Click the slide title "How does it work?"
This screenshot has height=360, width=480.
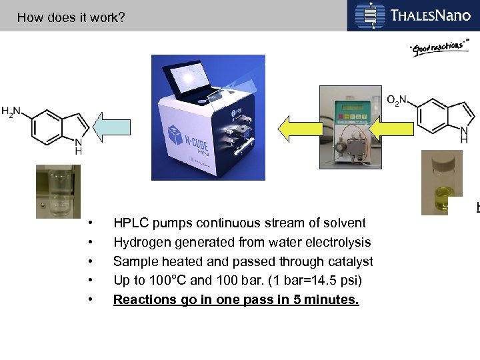(71, 17)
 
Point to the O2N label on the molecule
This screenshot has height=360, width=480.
(396, 101)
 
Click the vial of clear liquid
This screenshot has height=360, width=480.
(58, 191)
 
